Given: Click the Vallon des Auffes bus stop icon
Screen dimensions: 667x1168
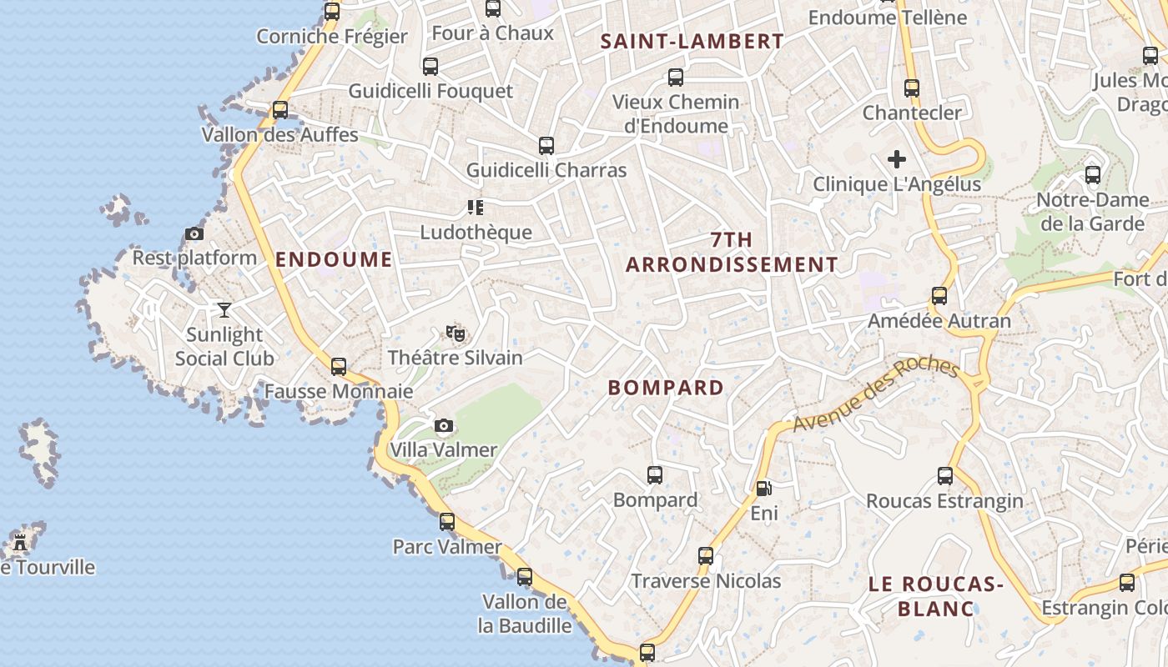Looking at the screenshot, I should point(280,110).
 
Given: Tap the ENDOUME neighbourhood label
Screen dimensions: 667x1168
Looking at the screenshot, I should point(334,259).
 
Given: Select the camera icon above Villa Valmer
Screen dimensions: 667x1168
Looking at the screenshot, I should point(444,426).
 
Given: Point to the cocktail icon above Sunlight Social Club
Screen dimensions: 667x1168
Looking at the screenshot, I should point(224,310).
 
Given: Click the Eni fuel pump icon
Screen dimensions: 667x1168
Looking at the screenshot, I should point(763,489).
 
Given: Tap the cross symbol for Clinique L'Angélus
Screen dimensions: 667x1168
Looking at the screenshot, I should point(897,159).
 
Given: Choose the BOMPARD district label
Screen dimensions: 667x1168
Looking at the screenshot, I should point(666,388).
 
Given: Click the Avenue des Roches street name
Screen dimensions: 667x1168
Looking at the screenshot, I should point(875,394).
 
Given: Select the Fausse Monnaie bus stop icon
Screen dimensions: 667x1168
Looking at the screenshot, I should point(339,367).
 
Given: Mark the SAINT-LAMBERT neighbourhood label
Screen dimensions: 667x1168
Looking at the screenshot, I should point(692,42).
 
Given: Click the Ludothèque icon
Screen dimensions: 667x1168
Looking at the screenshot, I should point(476,208).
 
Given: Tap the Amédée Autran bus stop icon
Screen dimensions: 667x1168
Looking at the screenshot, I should point(939,296).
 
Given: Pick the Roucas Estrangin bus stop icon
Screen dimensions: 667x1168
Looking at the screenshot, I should point(945,476).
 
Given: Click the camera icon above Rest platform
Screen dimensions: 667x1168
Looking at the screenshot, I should point(194,234).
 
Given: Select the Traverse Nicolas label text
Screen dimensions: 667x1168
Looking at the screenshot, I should point(706,581).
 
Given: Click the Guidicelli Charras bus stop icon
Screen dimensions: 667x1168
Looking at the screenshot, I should point(546,146).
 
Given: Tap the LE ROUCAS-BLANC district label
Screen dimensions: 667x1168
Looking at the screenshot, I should point(935,596).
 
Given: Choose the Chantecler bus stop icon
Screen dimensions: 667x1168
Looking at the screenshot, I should point(912,88).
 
